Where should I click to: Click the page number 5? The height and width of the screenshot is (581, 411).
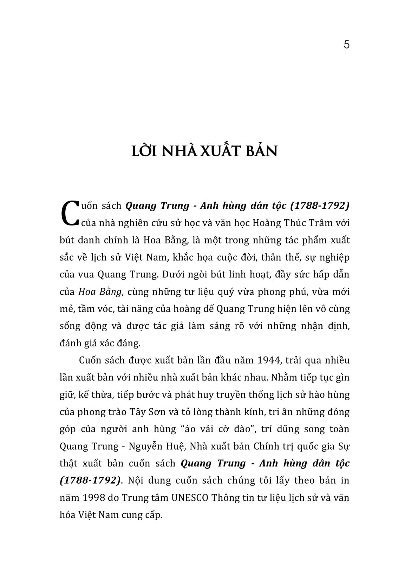pos(346,45)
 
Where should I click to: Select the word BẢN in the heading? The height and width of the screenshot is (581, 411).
pos(260,151)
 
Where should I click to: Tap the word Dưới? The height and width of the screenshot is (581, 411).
pos(172,274)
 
